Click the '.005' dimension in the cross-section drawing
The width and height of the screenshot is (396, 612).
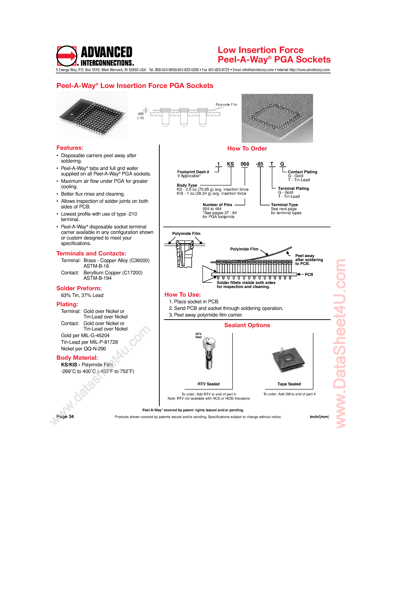click(x=140, y=114)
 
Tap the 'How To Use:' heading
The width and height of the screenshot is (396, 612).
click(x=182, y=295)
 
